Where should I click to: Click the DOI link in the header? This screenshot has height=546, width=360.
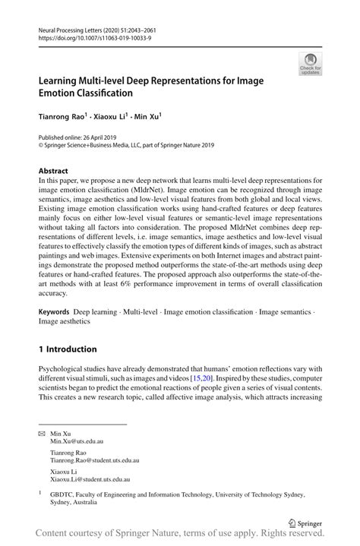tap(87, 35)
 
